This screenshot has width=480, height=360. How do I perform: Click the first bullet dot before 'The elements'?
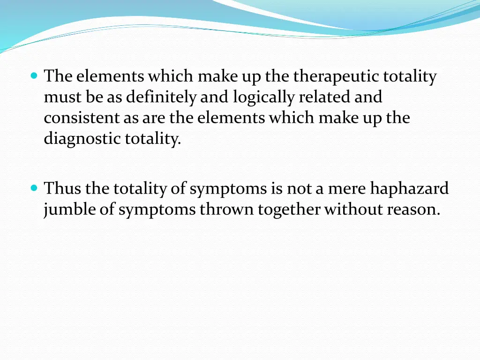tap(34, 75)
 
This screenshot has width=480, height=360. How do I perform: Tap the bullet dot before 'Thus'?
tap(34, 188)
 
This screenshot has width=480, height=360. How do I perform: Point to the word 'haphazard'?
tap(409, 188)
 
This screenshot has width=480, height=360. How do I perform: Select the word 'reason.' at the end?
tap(413, 210)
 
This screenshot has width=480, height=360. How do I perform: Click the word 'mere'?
tap(347, 188)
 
